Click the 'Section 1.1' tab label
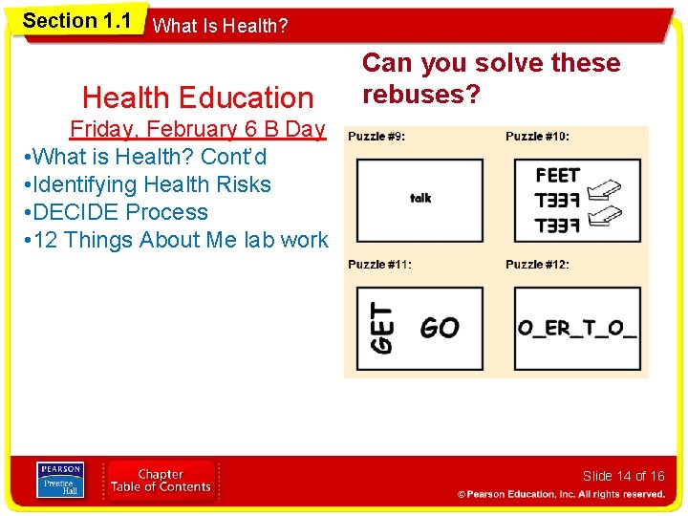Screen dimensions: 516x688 click(76, 21)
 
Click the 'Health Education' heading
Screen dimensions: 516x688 click(198, 97)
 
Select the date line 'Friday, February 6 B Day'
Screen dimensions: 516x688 click(197, 129)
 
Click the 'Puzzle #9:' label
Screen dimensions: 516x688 click(376, 137)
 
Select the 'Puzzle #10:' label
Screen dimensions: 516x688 click(538, 137)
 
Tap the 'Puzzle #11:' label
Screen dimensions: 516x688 click(380, 265)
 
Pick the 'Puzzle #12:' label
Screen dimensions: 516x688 click(538, 265)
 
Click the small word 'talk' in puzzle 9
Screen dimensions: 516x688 click(420, 198)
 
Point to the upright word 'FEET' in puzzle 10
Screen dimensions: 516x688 click(558, 176)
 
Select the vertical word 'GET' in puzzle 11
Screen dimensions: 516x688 click(381, 328)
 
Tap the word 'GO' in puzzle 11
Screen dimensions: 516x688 click(440, 328)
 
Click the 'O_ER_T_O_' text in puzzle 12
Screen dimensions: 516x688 click(577, 328)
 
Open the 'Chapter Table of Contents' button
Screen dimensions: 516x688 click(161, 481)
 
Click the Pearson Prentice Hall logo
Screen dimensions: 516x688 click(60, 481)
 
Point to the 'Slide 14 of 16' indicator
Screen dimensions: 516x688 click(623, 476)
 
